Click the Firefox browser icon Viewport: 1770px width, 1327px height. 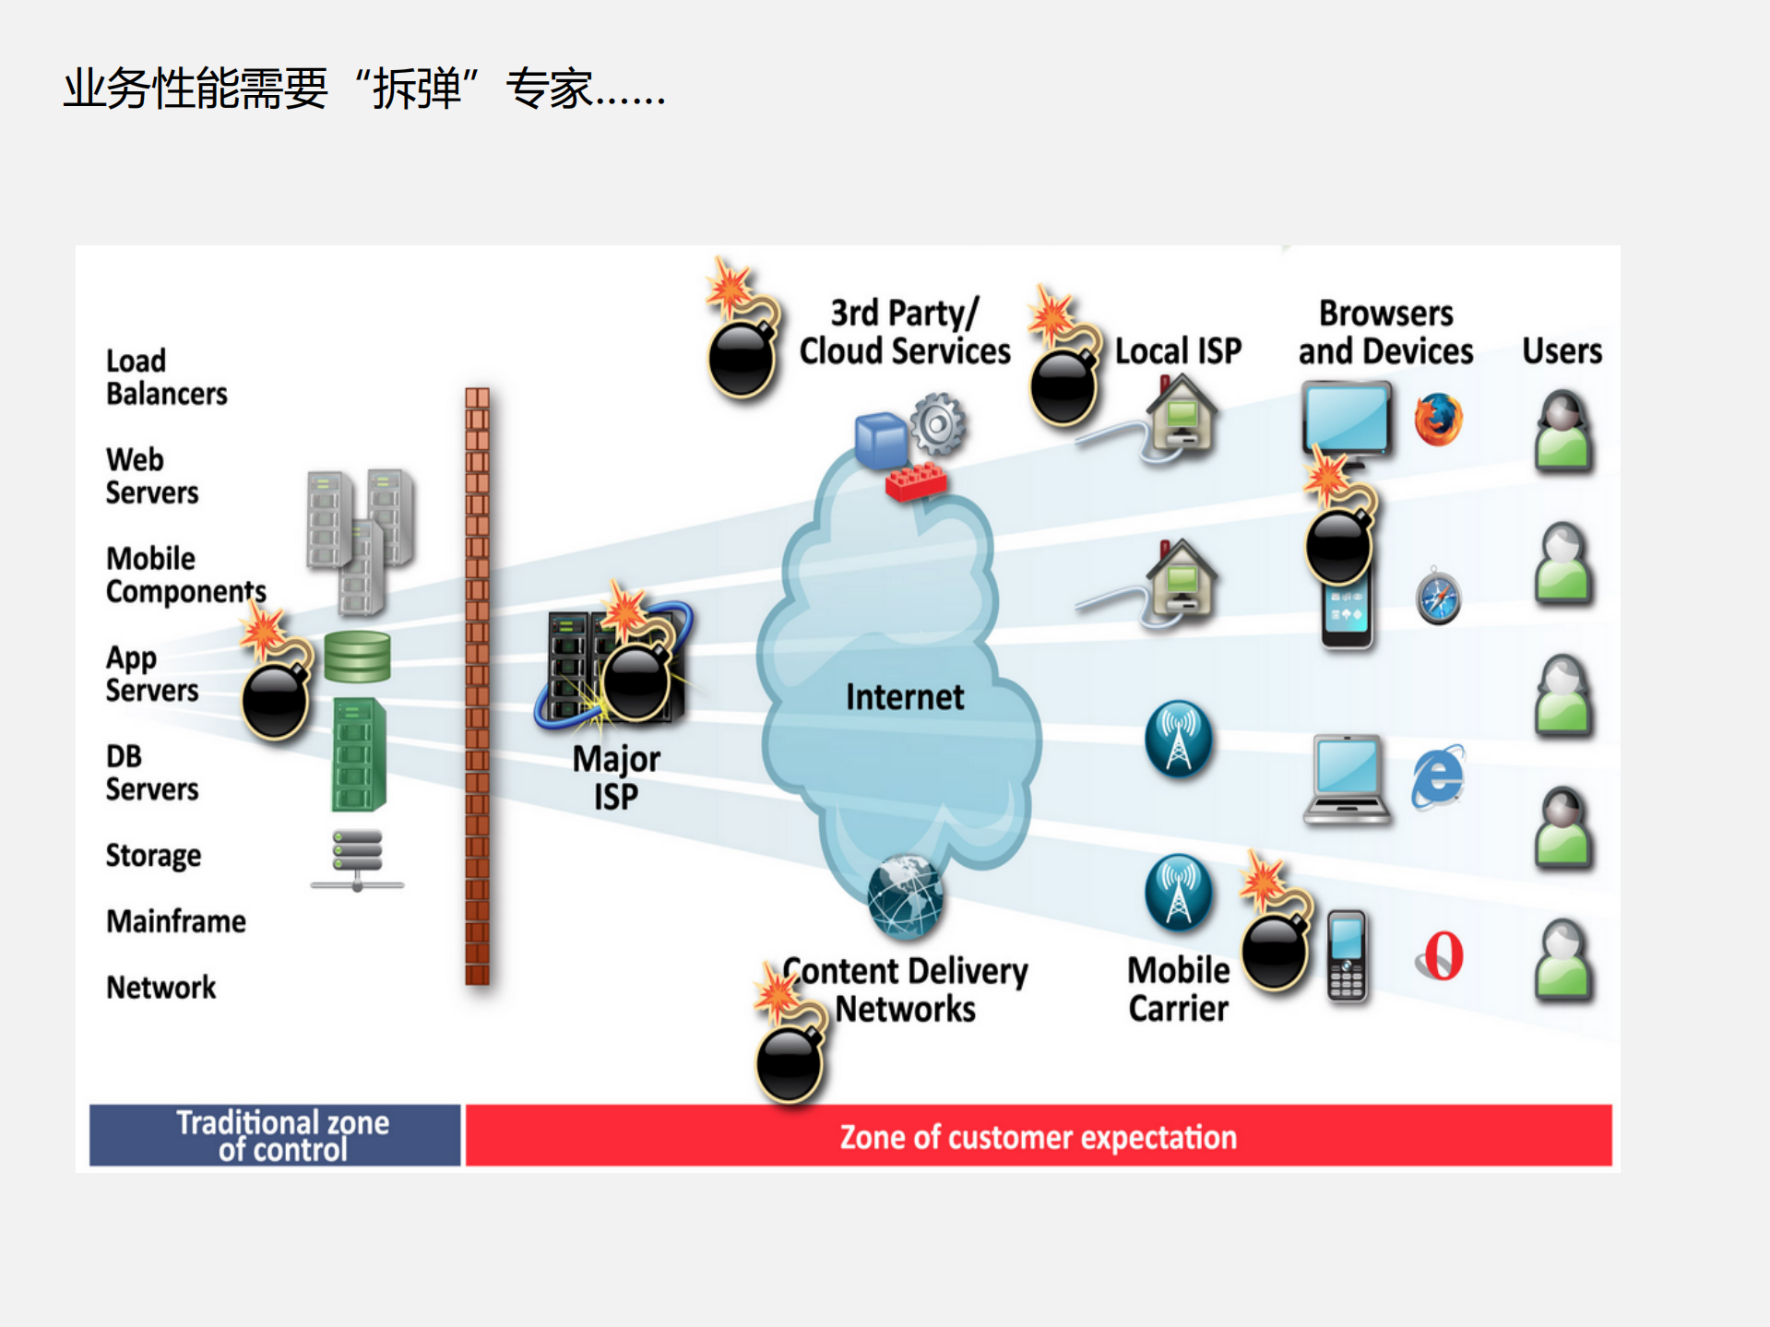coord(1438,420)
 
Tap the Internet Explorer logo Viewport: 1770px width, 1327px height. coord(1437,776)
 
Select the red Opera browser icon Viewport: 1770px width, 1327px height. coord(1441,956)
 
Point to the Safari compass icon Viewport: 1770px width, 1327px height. coord(1438,597)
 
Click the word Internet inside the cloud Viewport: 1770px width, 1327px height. coord(904,697)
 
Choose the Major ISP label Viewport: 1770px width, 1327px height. coord(615,777)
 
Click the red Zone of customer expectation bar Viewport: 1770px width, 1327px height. coord(1038,1136)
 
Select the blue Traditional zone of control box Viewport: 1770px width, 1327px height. coord(275,1136)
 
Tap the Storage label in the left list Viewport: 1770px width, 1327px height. coord(153,856)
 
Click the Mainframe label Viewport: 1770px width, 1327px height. coord(175,921)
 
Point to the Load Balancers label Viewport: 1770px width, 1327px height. coord(166,377)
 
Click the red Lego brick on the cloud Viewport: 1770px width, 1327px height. coord(915,480)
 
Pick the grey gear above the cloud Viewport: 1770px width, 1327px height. coord(938,424)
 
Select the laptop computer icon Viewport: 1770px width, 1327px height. coord(1347,779)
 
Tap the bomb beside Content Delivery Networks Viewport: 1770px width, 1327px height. coord(789,1060)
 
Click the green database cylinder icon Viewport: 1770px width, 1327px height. coord(357,657)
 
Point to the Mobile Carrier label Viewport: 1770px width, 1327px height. coord(1178,989)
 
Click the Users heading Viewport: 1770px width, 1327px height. coord(1561,351)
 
